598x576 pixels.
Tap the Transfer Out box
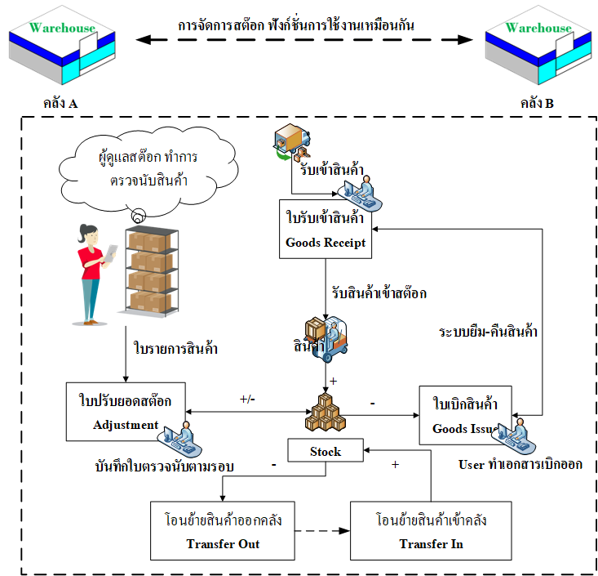222,531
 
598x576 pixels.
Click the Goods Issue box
466,415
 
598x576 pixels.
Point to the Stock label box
325,451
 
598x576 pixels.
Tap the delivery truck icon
291,143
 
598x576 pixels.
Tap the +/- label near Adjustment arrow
248,400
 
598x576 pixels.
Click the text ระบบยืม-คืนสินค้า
488,332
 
